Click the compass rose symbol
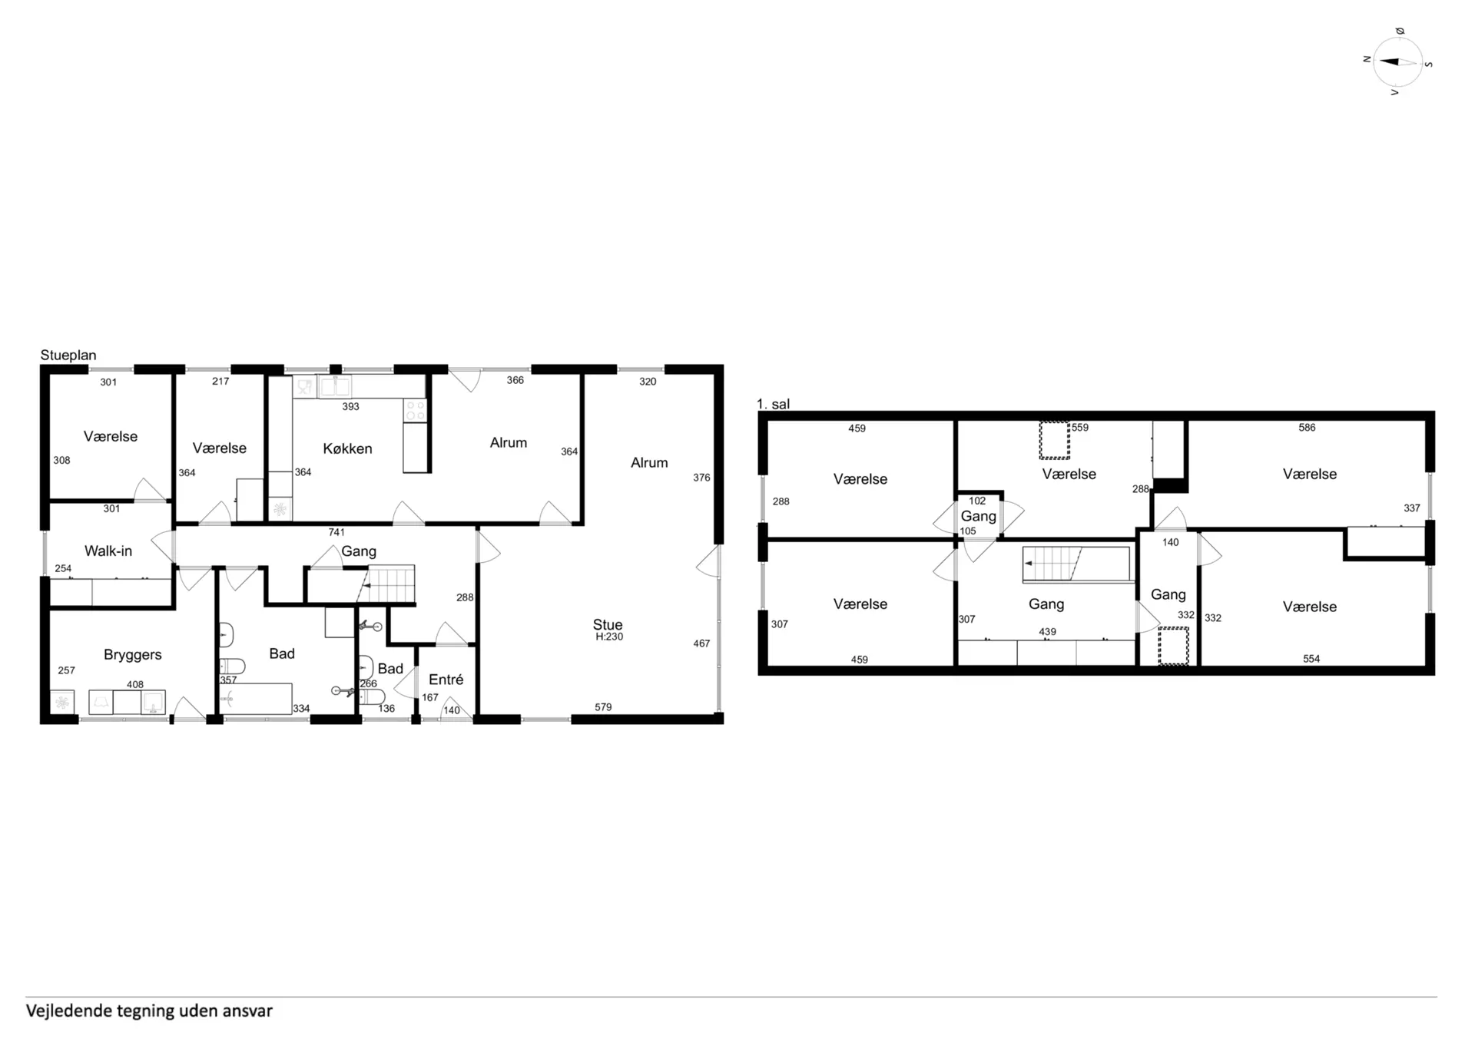click(1397, 61)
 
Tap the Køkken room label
click(347, 448)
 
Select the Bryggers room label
click(133, 654)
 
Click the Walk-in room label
click(108, 551)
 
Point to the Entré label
click(446, 680)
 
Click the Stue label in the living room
click(608, 625)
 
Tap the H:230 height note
click(609, 637)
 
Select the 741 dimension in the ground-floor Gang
click(336, 532)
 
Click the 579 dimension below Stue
click(603, 707)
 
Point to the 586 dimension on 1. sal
click(1307, 428)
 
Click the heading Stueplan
click(68, 356)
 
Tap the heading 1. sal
click(773, 404)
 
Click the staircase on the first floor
click(1076, 564)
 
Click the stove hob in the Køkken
click(416, 410)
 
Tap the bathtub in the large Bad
click(256, 699)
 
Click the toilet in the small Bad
click(372, 696)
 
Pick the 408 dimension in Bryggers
click(135, 684)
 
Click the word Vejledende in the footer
click(69, 1011)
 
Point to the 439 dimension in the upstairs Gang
click(1047, 632)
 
